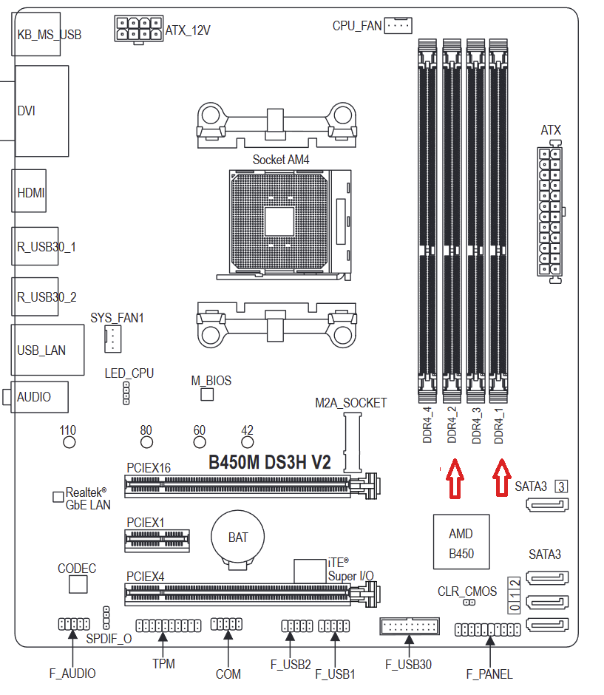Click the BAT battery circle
pos(237,537)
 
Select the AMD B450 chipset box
pos(461,542)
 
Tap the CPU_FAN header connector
pos(398,26)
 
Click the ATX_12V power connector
pos(139,29)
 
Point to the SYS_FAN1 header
pos(112,339)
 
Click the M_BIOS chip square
pos(207,395)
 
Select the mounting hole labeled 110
pos(69,442)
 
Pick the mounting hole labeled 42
pos(247,442)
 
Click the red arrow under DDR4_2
pos(455,478)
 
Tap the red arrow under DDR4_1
pos(502,478)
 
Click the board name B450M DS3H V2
pos(269,462)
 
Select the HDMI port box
pos(29,191)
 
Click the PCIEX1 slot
pos(157,540)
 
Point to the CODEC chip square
pos(78,585)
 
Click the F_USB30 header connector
pos(410,626)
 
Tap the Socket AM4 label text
pos(281,160)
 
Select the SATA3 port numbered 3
pos(547,504)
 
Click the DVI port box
pos(42,111)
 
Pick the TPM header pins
pos(169,625)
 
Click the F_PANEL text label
pos(489,674)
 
